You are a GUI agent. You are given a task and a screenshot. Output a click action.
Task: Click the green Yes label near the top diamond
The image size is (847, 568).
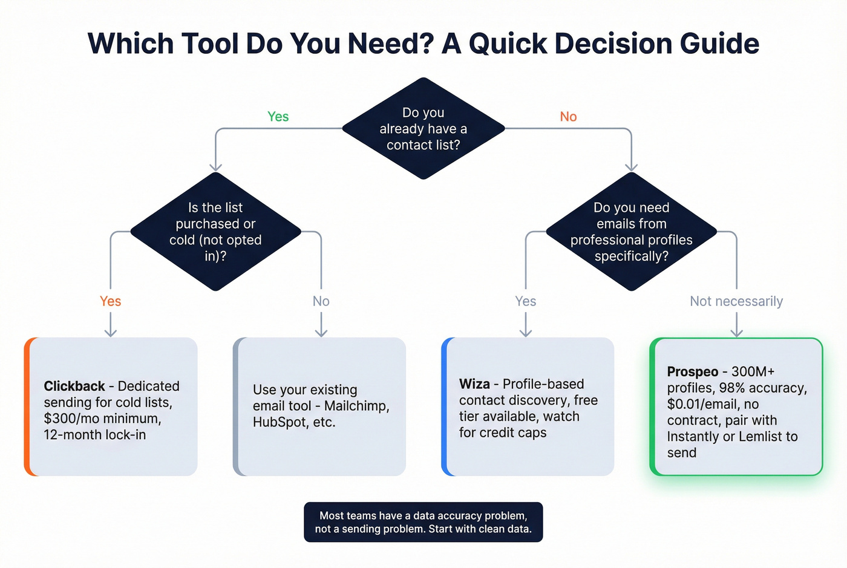pos(278,117)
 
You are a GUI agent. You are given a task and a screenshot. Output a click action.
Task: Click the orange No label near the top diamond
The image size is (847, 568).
pos(568,117)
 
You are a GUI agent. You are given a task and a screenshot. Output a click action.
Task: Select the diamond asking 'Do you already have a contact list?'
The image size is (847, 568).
pos(423,129)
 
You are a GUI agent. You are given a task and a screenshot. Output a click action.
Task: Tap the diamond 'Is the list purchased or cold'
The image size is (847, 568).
pos(215,232)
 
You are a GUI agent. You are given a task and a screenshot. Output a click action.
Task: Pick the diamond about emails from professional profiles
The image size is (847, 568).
pos(631,232)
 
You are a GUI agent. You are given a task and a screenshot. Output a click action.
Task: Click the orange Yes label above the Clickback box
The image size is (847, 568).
pos(110,301)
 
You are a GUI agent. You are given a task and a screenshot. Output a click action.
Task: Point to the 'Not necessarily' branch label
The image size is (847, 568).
pos(736,301)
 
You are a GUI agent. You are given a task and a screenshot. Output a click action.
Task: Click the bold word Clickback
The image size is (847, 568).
pos(74,386)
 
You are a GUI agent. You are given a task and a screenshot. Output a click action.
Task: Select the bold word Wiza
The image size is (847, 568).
pos(474,384)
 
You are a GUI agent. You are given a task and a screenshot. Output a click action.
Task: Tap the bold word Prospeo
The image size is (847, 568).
pos(693,372)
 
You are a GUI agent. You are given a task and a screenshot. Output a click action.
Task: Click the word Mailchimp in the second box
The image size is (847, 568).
pos(356,406)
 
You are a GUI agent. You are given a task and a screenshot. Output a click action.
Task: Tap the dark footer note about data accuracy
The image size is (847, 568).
pos(423,522)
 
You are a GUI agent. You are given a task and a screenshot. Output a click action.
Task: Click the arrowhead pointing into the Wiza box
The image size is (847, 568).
pos(526,332)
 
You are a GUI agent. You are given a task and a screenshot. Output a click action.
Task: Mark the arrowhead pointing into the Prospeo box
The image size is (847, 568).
pos(736,332)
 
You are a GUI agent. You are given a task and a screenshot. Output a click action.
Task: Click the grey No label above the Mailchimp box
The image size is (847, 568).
pos(321,301)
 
